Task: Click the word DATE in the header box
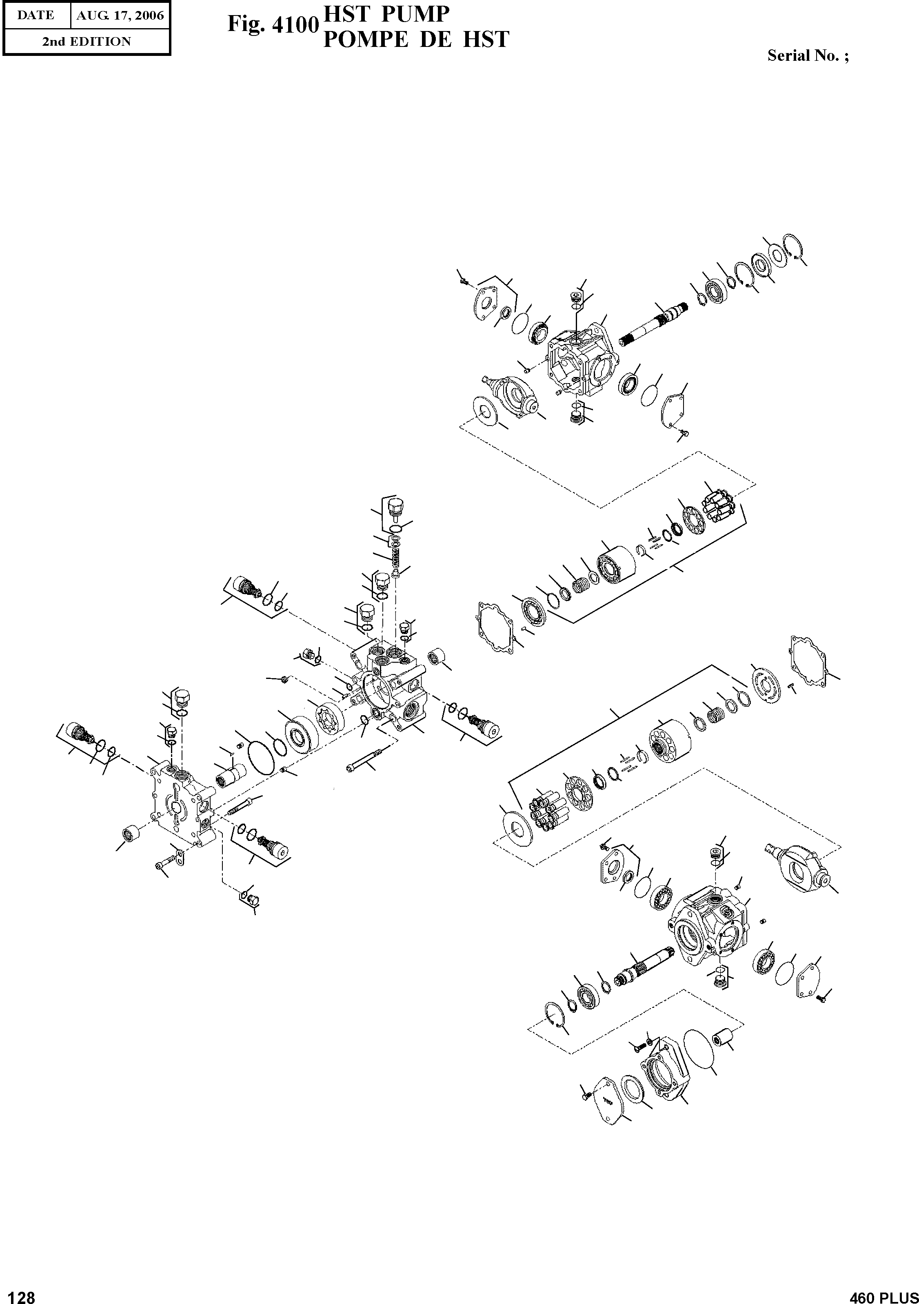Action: tap(35, 16)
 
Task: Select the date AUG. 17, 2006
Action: tap(120, 16)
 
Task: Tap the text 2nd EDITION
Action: tap(87, 42)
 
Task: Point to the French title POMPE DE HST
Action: tap(416, 40)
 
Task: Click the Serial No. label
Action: tap(808, 55)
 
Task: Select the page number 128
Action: tap(18, 1293)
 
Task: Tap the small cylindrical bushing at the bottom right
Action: tap(725, 1039)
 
